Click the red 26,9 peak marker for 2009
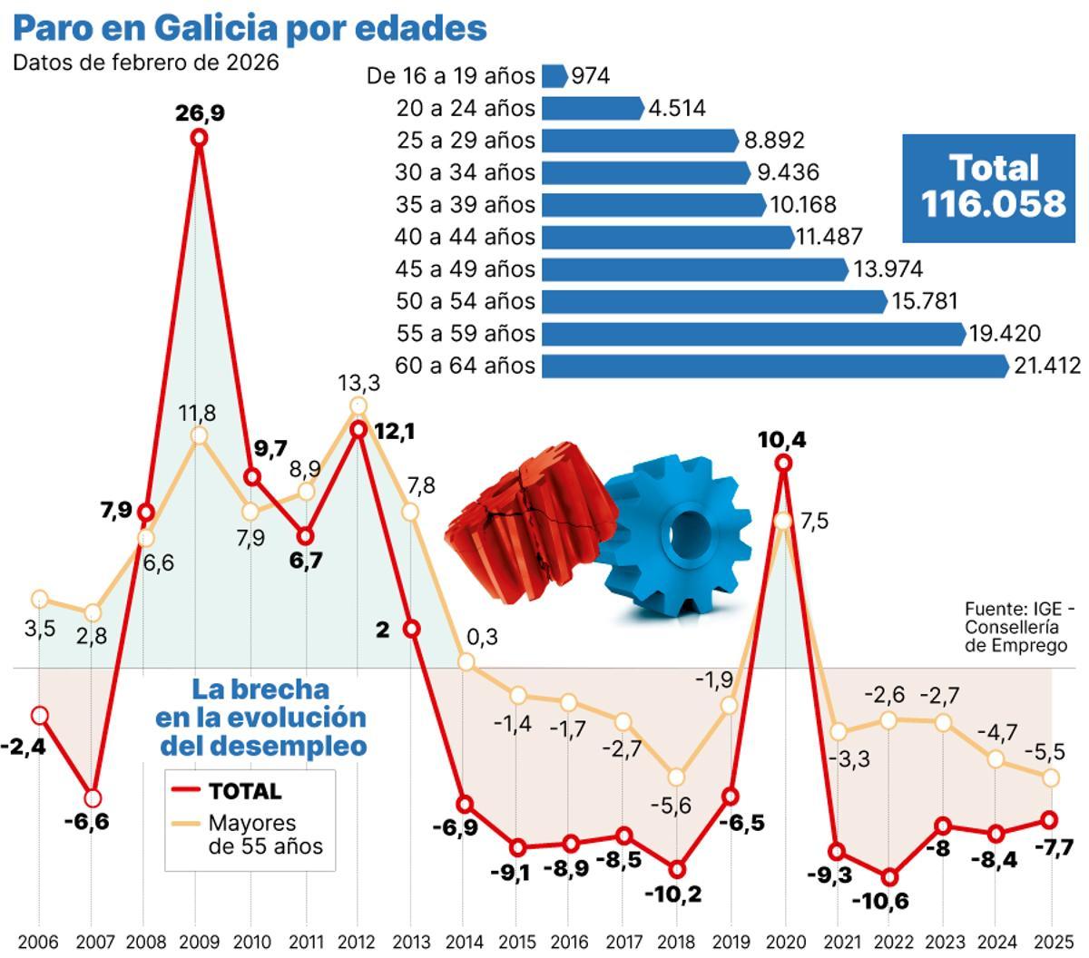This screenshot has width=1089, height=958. tap(199, 137)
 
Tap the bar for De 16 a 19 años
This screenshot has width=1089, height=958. tap(554, 75)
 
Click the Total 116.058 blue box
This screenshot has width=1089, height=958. tap(993, 186)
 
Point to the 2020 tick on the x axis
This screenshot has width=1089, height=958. tap(784, 941)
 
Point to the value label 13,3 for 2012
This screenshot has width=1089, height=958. tap(358, 384)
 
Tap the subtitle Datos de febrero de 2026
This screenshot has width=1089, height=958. tap(145, 63)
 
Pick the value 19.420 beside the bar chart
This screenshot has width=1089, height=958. tap(1005, 334)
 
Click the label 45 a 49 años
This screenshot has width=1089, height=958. tap(465, 269)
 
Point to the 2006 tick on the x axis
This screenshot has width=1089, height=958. tap(38, 941)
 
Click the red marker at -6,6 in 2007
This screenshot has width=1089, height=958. tap(92, 798)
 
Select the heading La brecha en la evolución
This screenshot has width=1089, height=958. tap(260, 717)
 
